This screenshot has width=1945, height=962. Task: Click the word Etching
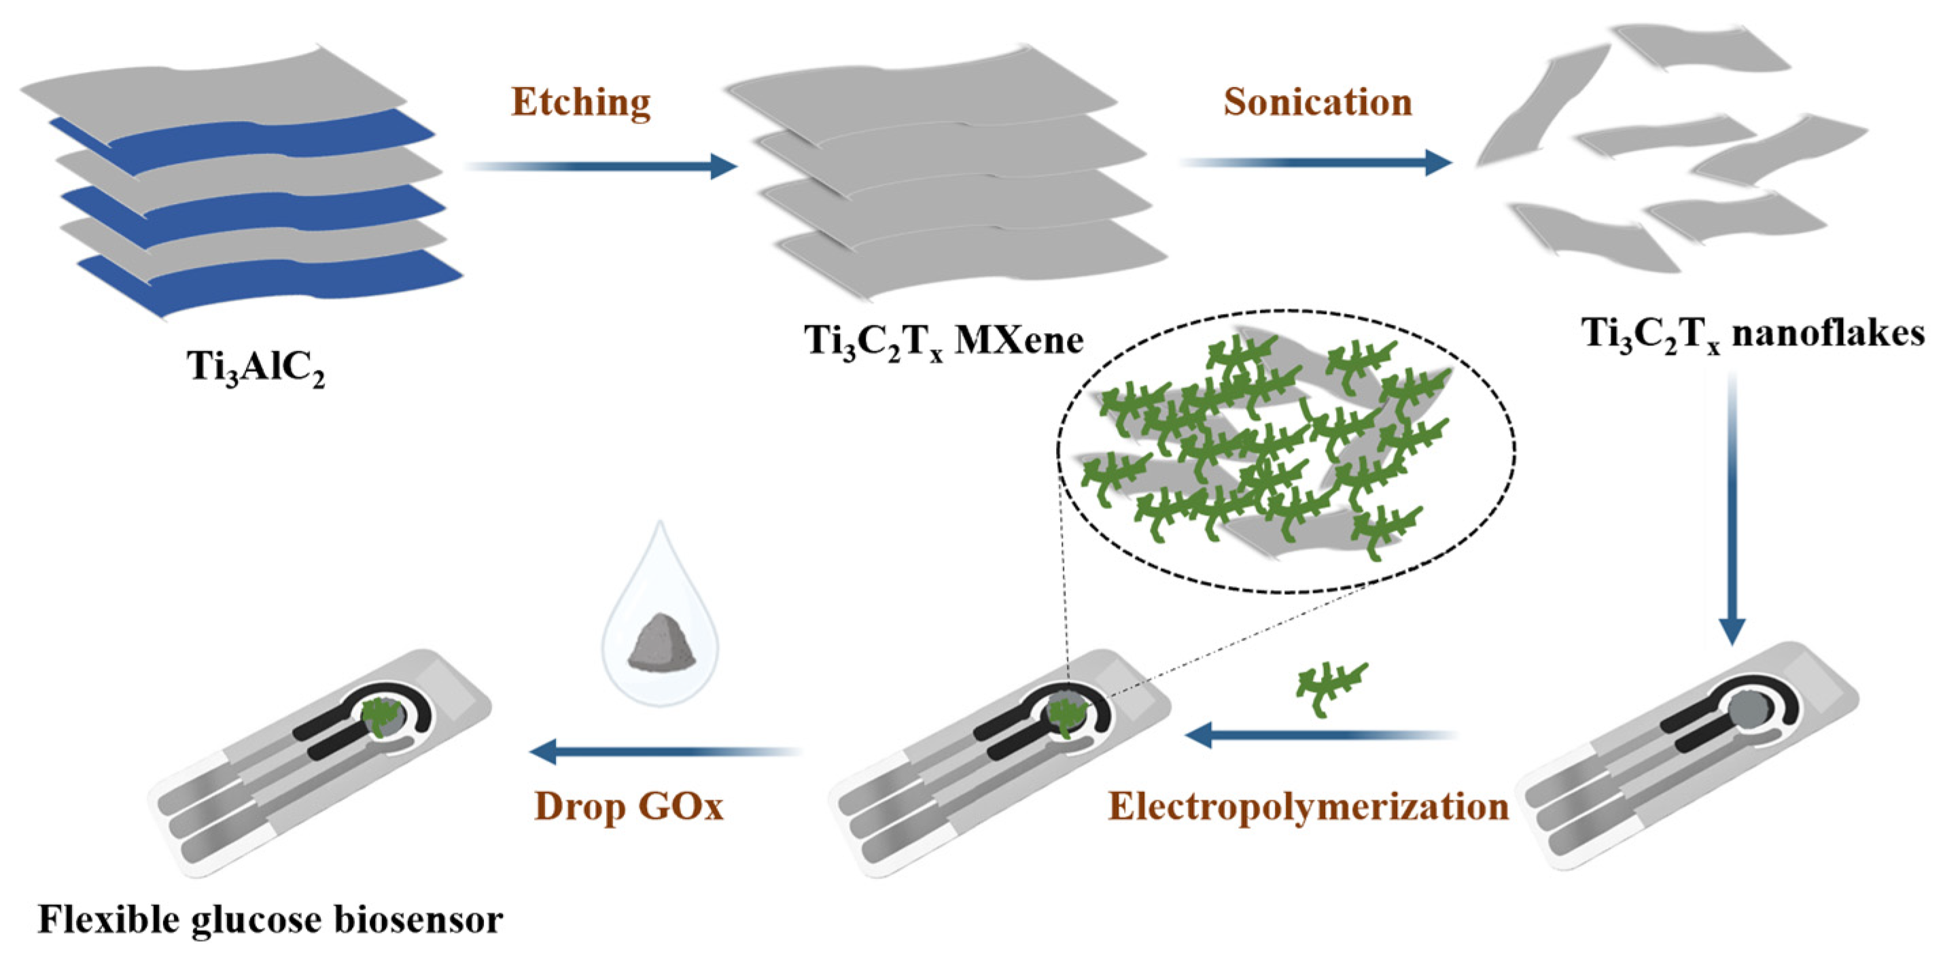[x=580, y=103]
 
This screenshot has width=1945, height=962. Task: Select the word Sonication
[x=1318, y=103]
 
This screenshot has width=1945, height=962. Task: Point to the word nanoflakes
[x=1828, y=333]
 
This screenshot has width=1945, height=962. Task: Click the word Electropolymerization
[x=1308, y=807]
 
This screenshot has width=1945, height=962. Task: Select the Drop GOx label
[x=629, y=807]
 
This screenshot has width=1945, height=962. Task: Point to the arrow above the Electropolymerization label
[x=1318, y=734]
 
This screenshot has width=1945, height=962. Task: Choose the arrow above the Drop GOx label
[x=665, y=751]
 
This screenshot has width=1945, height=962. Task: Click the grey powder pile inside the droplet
[x=661, y=642]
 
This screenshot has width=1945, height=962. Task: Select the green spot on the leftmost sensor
[x=383, y=714]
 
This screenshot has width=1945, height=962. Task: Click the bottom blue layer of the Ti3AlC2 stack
[x=272, y=279]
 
